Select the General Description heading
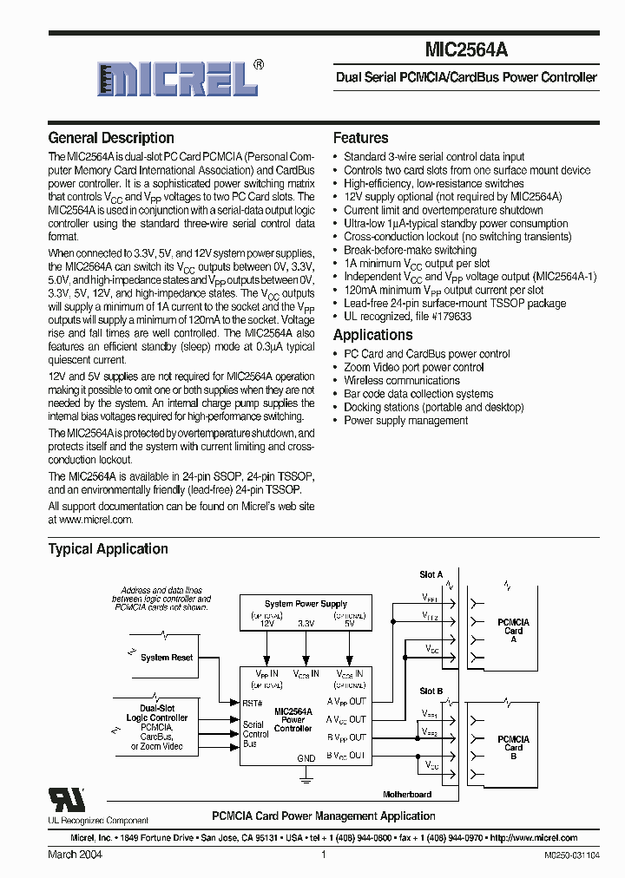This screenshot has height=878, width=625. tap(111, 138)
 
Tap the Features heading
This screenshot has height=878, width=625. tap(360, 138)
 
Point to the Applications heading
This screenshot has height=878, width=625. tap(372, 335)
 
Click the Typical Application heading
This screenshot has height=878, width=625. tap(108, 548)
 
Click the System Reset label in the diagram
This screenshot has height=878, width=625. tap(167, 658)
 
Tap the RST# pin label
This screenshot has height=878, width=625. tap(253, 703)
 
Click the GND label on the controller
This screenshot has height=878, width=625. tap(306, 758)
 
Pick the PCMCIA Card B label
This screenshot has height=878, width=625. tap(513, 746)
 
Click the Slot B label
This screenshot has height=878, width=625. tap(431, 691)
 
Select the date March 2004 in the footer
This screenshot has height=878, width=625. tap(75, 855)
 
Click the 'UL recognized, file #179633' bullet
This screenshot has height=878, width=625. tap(407, 317)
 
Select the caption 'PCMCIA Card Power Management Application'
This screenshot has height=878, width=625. tap(324, 816)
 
